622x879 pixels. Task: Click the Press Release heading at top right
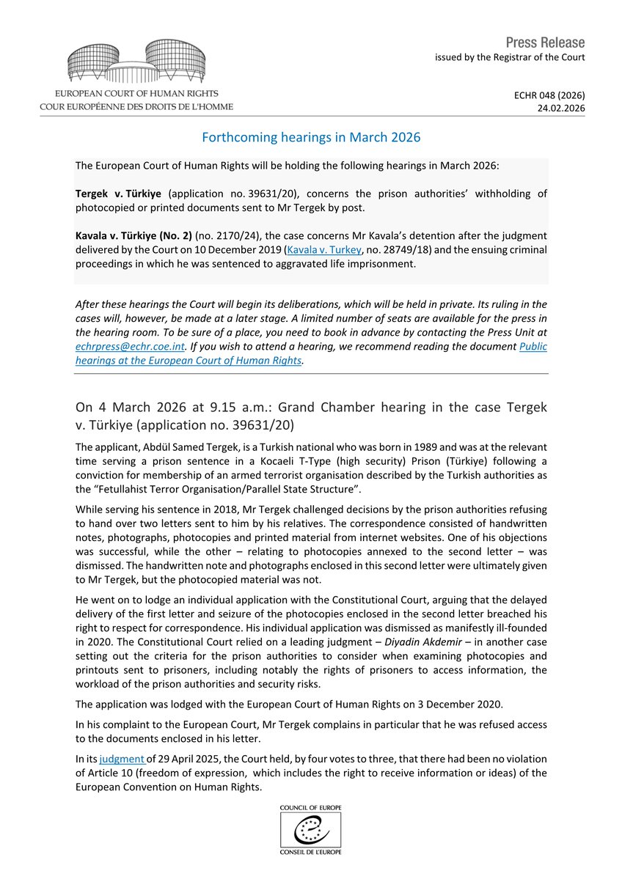[x=545, y=43]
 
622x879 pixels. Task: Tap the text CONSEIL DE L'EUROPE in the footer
[x=311, y=850]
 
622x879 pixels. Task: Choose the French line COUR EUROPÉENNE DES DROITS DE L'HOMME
[x=137, y=107]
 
